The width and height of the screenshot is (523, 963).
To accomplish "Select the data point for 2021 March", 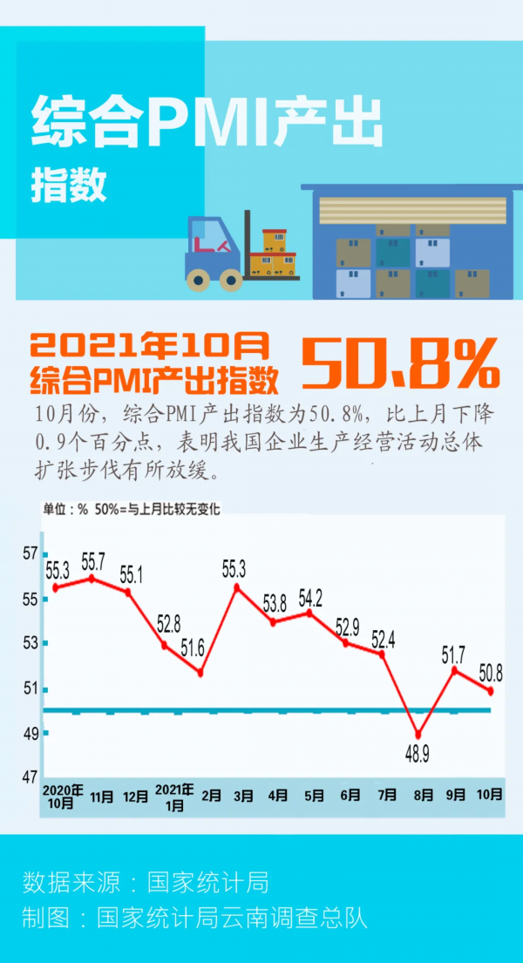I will pyautogui.click(x=236, y=587).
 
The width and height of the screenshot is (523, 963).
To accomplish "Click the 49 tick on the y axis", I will pyautogui.click(x=31, y=734).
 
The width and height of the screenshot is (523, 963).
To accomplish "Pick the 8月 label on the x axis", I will pyautogui.click(x=418, y=796).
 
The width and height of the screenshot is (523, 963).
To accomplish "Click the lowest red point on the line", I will pyautogui.click(x=418, y=735).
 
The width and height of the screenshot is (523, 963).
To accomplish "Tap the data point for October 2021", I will pyautogui.click(x=491, y=691).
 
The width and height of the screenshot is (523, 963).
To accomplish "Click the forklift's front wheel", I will pyautogui.click(x=230, y=279).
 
